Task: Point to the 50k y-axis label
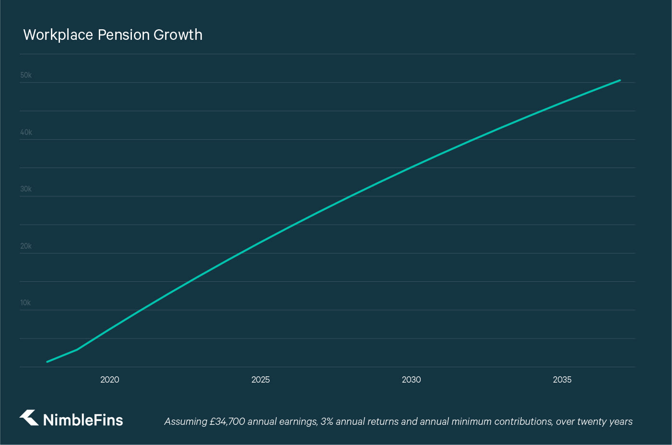pyautogui.click(x=26, y=75)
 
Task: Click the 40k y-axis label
pyautogui.click(x=26, y=132)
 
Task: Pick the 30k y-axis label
pyautogui.click(x=26, y=189)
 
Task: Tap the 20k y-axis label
pyautogui.click(x=26, y=246)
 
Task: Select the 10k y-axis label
pyautogui.click(x=25, y=303)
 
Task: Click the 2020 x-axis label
pyautogui.click(x=110, y=380)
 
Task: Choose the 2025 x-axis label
pyautogui.click(x=260, y=380)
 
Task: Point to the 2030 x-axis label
pyautogui.click(x=411, y=380)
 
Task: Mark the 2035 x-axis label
pyautogui.click(x=562, y=380)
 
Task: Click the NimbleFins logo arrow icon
pyautogui.click(x=29, y=418)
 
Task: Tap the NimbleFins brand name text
pyautogui.click(x=83, y=420)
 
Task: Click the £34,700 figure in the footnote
pyautogui.click(x=227, y=421)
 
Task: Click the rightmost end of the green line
pyautogui.click(x=620, y=80)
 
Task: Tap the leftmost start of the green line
pyautogui.click(x=47, y=361)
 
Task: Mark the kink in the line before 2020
pyautogui.click(x=77, y=349)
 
